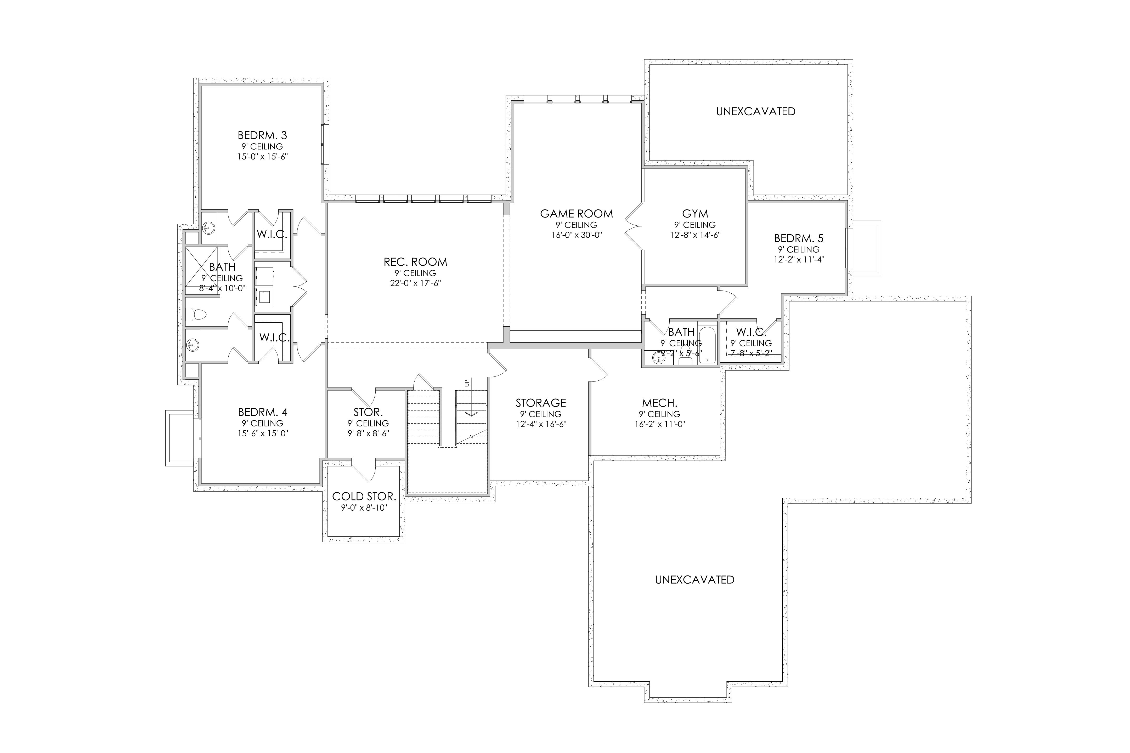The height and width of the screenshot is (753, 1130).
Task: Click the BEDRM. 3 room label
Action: [x=262, y=135]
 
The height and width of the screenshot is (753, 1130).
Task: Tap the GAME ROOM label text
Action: [x=577, y=214]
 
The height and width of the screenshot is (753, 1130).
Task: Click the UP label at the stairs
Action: [x=466, y=383]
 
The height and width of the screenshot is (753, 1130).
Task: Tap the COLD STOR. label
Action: [x=364, y=496]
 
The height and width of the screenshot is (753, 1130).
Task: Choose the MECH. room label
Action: [x=660, y=403]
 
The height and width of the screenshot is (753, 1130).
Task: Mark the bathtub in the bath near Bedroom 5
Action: [x=707, y=345]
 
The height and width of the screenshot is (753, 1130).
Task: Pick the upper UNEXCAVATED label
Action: [x=756, y=111]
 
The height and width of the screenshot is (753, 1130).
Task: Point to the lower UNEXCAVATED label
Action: [x=695, y=580]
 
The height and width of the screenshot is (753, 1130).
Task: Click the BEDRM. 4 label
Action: [x=263, y=412]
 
